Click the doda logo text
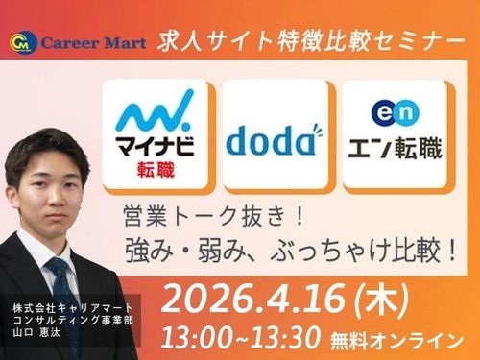click(270, 141)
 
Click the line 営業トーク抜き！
click(189, 213)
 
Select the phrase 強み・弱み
click(176, 249)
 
